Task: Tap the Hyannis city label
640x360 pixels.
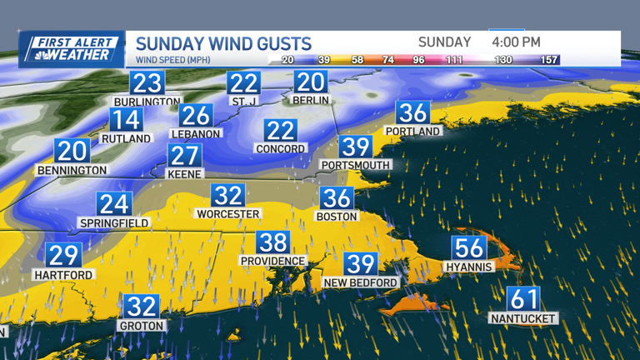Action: (469, 267)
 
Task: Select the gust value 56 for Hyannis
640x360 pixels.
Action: (469, 248)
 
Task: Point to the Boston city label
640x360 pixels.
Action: (337, 217)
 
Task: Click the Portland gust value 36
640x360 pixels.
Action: (412, 112)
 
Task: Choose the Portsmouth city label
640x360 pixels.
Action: (356, 166)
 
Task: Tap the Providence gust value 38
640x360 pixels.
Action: (272, 242)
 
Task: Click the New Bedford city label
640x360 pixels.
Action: (361, 283)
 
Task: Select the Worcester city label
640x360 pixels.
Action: (227, 214)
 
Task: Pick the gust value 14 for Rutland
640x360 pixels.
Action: (127, 120)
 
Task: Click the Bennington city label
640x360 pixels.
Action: (72, 170)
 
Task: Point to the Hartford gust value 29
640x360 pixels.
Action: (63, 256)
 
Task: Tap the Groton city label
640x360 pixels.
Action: (142, 326)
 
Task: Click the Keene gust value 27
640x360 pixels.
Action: (185, 156)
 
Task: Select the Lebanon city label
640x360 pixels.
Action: (196, 133)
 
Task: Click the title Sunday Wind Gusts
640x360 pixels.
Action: (223, 43)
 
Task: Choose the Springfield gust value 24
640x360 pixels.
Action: (114, 204)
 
